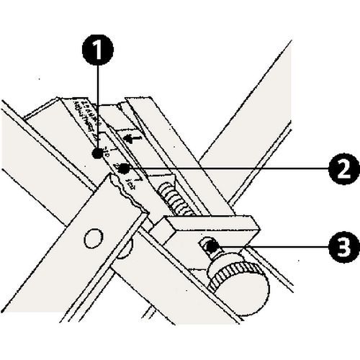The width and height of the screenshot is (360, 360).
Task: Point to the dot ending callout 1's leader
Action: point(96,153)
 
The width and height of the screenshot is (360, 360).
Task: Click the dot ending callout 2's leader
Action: point(125,168)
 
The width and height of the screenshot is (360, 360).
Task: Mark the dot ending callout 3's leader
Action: point(208,247)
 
